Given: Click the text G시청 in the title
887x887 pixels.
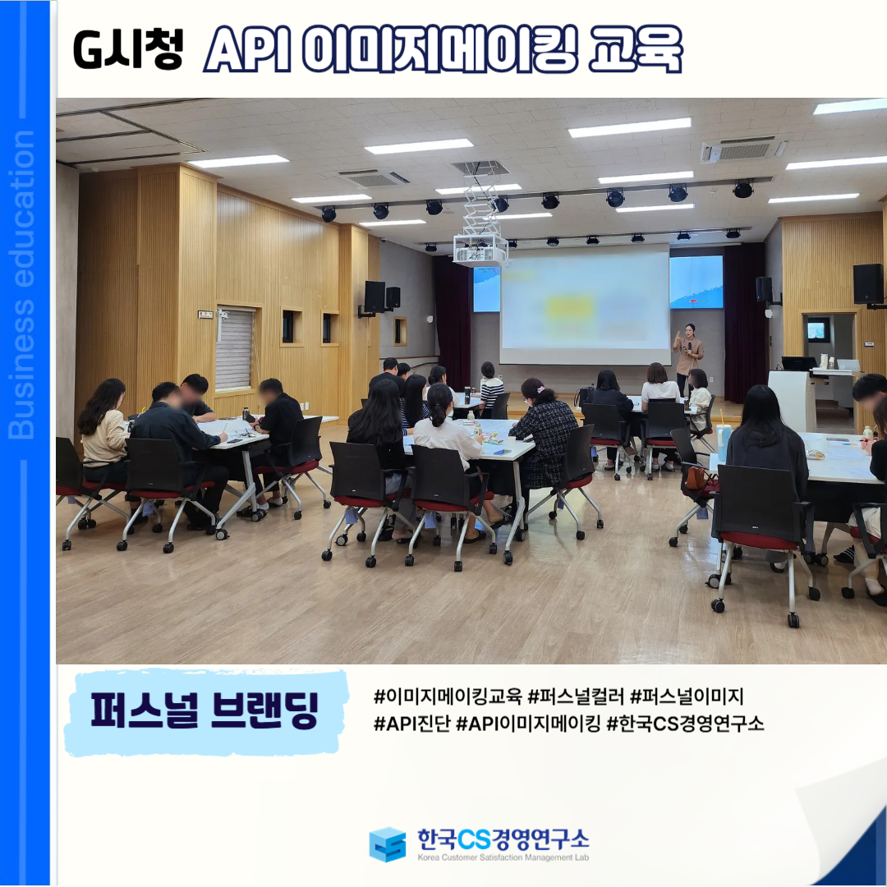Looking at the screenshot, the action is click(x=128, y=50).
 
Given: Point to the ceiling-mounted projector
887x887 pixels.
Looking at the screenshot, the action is click(x=480, y=249).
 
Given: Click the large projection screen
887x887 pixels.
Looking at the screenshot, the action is click(x=585, y=305).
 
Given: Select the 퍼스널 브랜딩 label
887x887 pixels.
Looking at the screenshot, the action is click(x=205, y=710).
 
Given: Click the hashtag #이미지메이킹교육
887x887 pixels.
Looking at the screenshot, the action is click(x=448, y=696).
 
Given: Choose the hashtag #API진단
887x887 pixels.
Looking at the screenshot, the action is click(x=411, y=723).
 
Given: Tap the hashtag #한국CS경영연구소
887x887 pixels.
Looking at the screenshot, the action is click(x=685, y=723).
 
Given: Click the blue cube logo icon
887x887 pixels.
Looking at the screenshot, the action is click(x=388, y=844).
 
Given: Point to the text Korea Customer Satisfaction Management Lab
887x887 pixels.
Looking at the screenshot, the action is click(x=503, y=857).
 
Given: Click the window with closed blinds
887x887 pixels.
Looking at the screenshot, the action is click(x=235, y=349).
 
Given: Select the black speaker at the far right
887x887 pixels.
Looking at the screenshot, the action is click(x=867, y=284).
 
